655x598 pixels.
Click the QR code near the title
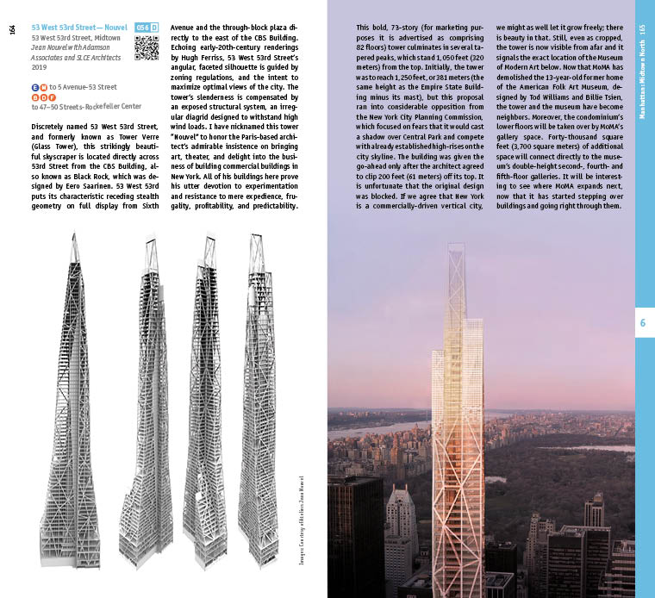click(147, 48)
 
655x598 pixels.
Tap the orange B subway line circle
click(34, 97)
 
